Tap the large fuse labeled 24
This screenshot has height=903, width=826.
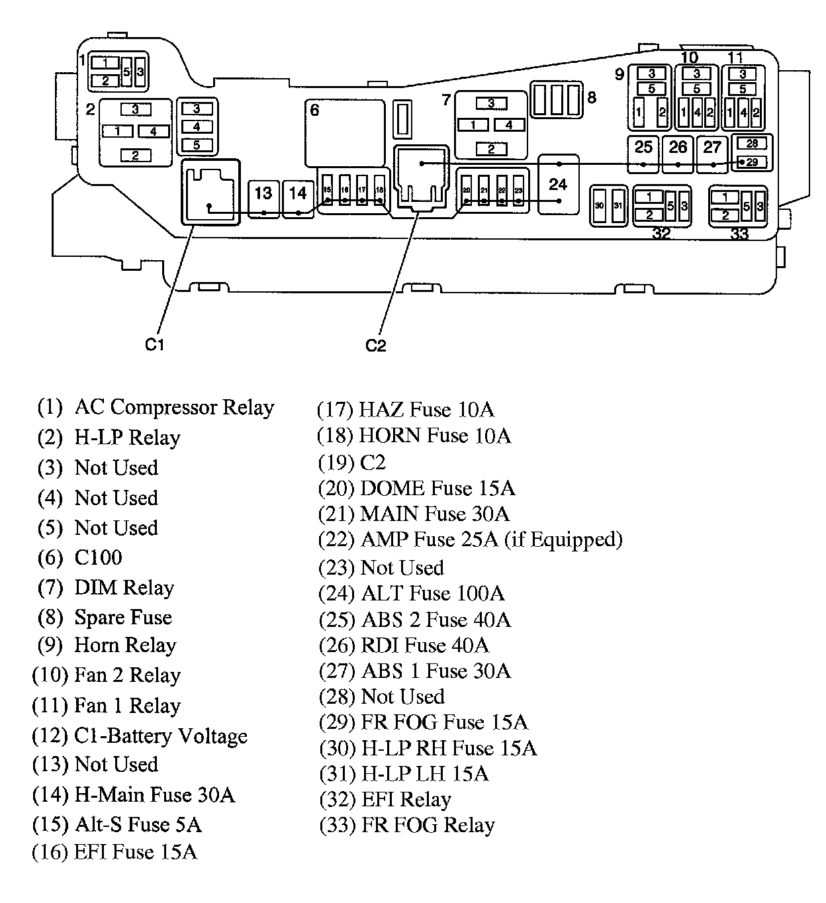[x=558, y=185]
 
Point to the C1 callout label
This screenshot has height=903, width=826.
[x=154, y=344]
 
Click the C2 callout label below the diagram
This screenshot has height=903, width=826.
[x=375, y=345]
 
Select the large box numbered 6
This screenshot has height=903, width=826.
[x=344, y=132]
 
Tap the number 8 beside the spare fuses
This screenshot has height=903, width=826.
[x=592, y=97]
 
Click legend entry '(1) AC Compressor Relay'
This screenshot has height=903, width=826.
[x=156, y=407]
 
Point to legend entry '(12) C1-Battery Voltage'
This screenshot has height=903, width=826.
[x=140, y=736]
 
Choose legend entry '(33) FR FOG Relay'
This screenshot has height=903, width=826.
[x=407, y=825]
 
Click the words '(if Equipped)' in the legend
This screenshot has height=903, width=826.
[x=563, y=540]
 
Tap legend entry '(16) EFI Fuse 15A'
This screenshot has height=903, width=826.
[x=115, y=851]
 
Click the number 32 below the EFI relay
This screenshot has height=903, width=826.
[x=661, y=233]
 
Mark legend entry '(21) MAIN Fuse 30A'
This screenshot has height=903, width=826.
[x=414, y=514]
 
